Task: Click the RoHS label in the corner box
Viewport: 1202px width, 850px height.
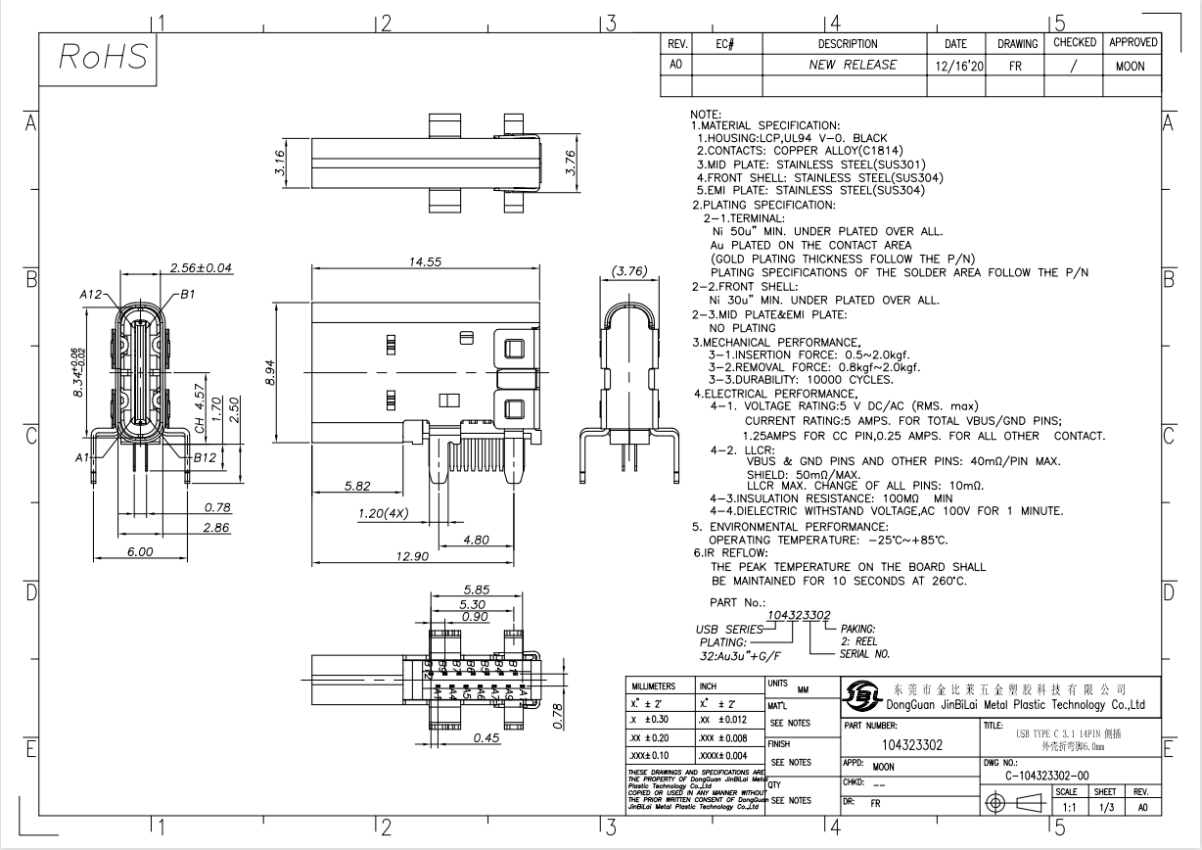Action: pos(104,60)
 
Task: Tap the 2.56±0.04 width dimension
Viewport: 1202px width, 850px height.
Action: pos(202,267)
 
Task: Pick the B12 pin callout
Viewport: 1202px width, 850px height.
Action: pos(204,456)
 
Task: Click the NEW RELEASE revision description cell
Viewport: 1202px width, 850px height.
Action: pos(844,65)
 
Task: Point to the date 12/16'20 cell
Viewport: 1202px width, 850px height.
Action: pos(955,65)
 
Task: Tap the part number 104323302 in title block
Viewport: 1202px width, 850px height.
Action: pos(909,744)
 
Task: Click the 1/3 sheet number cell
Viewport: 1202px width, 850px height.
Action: pos(1105,808)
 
